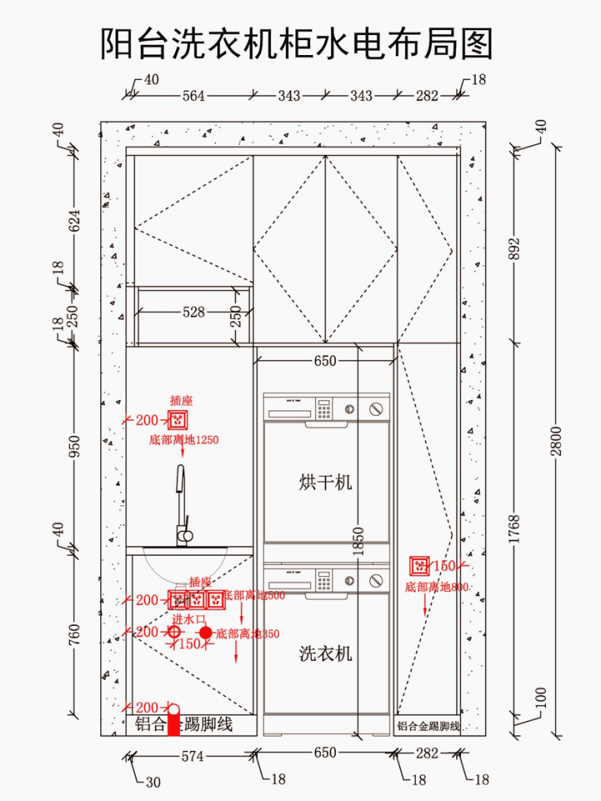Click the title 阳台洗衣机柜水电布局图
point(297,44)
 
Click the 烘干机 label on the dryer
point(325,482)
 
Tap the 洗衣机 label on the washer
point(326,654)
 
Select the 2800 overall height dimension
point(557,441)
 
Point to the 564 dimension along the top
point(193,96)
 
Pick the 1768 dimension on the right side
point(514,529)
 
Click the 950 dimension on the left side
point(74,446)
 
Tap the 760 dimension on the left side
point(74,635)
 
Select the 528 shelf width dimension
point(193,312)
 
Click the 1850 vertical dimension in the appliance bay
point(358,542)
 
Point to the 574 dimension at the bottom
point(192,756)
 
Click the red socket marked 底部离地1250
point(178,419)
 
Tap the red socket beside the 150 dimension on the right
point(419,566)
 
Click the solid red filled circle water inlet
point(205,633)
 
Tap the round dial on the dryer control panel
point(375,409)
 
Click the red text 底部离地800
point(436,587)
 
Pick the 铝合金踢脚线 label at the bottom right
point(428,727)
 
